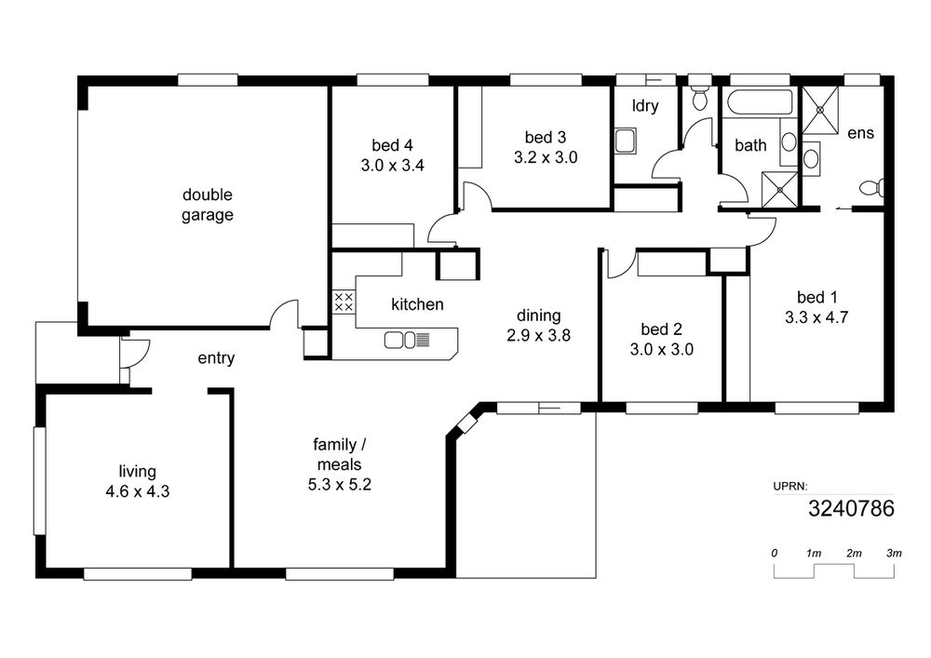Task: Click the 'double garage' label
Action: click(x=208, y=205)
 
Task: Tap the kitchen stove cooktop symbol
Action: click(x=344, y=302)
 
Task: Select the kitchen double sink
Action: click(x=400, y=340)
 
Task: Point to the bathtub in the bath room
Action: click(x=761, y=102)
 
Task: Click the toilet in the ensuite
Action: click(x=871, y=188)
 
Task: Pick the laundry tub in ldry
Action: click(x=626, y=141)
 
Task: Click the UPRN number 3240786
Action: click(x=851, y=508)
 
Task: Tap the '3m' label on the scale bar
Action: click(x=894, y=553)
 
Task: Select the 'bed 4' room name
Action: click(x=392, y=145)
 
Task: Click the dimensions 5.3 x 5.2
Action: click(x=340, y=485)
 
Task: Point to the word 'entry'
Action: click(x=216, y=358)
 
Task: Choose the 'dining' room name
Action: click(x=538, y=316)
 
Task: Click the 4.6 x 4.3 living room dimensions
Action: click(x=138, y=491)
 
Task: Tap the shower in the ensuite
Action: click(x=820, y=110)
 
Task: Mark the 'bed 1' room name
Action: click(x=817, y=297)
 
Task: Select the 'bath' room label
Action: click(x=750, y=145)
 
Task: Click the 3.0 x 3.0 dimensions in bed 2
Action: click(x=661, y=349)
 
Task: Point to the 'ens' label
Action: click(x=861, y=133)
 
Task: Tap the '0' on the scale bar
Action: click(x=775, y=553)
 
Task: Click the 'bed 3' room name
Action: click(x=546, y=138)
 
